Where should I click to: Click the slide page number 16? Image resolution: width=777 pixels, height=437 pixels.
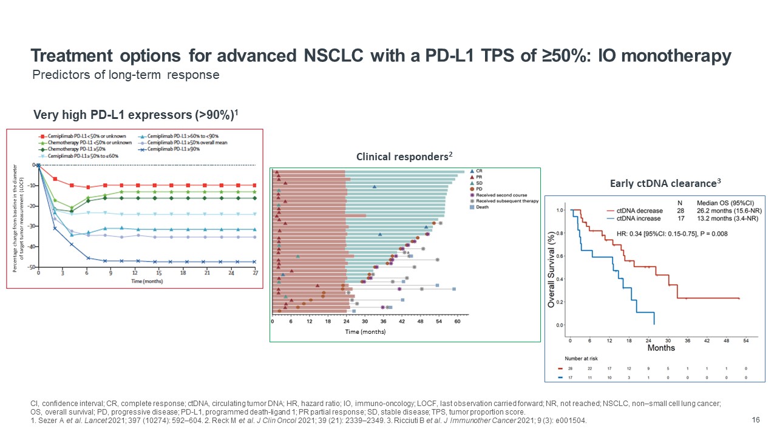[x=756, y=419]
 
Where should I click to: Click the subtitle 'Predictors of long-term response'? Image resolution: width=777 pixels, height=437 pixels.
[x=126, y=75]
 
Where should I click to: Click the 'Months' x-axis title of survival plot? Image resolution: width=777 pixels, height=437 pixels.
[x=661, y=348]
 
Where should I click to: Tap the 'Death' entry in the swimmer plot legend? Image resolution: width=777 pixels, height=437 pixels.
[x=482, y=207]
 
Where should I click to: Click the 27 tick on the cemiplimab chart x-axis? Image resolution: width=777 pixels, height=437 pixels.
[x=256, y=274]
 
